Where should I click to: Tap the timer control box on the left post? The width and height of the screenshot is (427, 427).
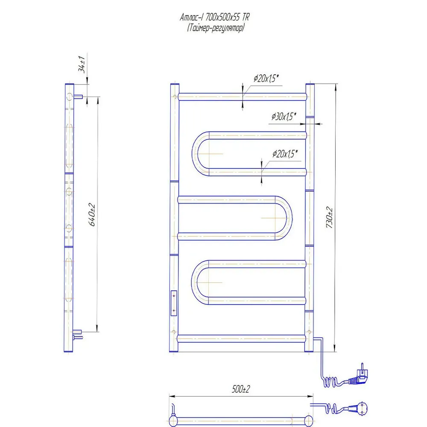[x=174, y=303]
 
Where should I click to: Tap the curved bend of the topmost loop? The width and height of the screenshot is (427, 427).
[x=197, y=154]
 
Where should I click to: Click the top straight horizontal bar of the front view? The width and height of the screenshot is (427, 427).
[x=242, y=97]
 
